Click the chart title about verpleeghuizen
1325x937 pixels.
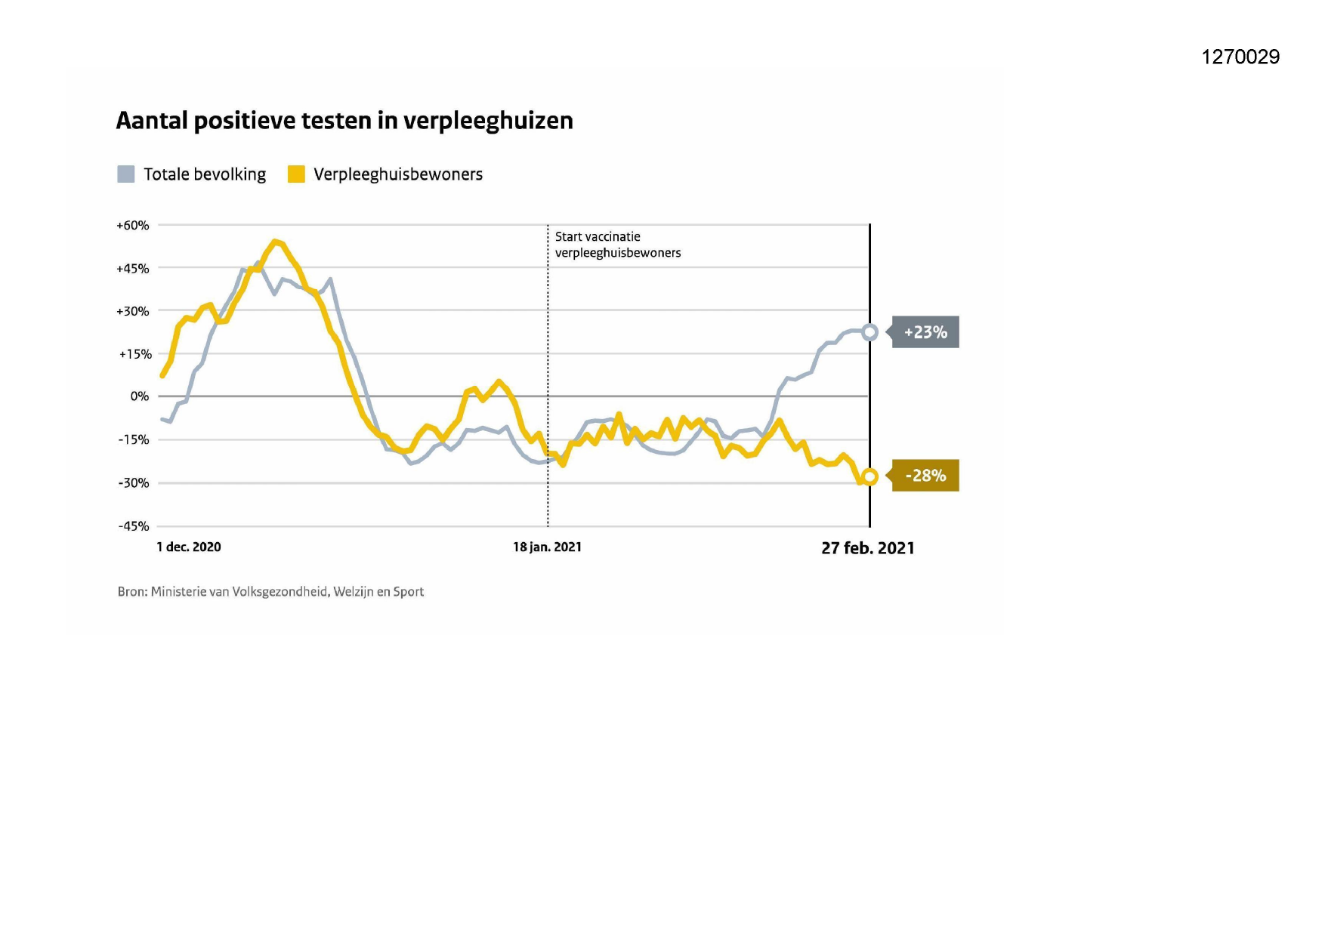pyautogui.click(x=344, y=121)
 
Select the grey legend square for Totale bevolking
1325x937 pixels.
pyautogui.click(x=126, y=174)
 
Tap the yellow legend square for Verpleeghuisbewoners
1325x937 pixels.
pyautogui.click(x=296, y=174)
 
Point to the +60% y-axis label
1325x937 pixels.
pyautogui.click(x=133, y=225)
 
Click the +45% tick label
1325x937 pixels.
pyautogui.click(x=133, y=268)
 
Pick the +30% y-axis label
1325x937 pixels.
pyautogui.click(x=133, y=311)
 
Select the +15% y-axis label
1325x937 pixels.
pyautogui.click(x=135, y=354)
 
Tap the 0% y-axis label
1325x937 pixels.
pyautogui.click(x=140, y=396)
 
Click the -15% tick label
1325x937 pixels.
pyautogui.click(x=134, y=439)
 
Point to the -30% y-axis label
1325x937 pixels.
pyautogui.click(x=134, y=482)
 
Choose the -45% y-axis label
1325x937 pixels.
pyautogui.click(x=134, y=526)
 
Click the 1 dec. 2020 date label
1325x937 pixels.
pyautogui.click(x=189, y=547)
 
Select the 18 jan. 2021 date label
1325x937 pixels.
pyautogui.click(x=547, y=547)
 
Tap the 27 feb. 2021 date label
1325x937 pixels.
pyautogui.click(x=868, y=548)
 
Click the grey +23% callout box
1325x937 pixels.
pyautogui.click(x=925, y=332)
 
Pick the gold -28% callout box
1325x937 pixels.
pyautogui.click(x=925, y=476)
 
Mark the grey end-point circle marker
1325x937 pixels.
pyautogui.click(x=870, y=332)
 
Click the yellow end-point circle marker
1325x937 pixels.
pyautogui.click(x=870, y=476)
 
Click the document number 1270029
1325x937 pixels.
pyautogui.click(x=1240, y=57)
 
